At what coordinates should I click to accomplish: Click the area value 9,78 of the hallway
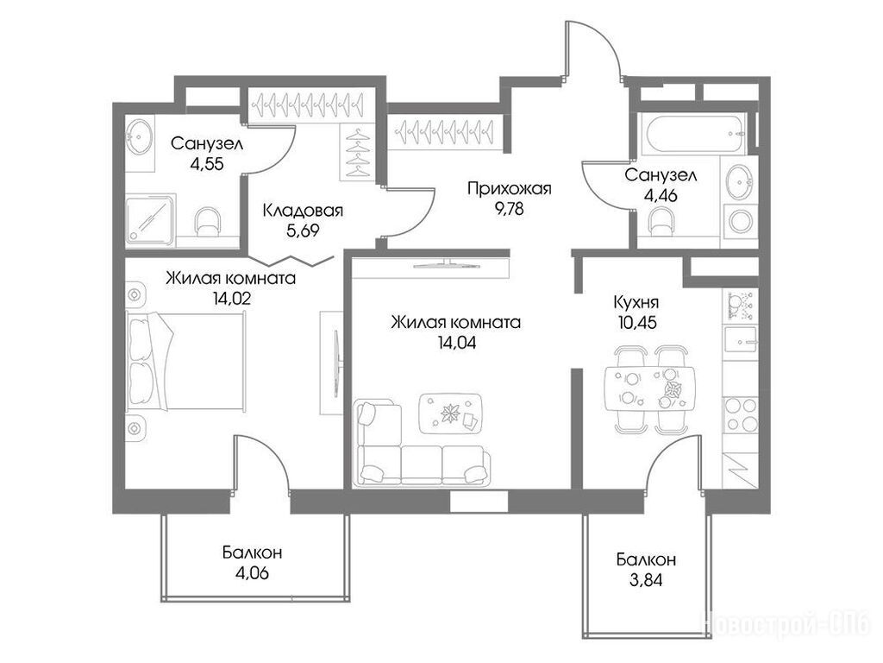point(509,209)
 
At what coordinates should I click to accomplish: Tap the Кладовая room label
point(303,211)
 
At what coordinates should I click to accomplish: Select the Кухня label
point(636,303)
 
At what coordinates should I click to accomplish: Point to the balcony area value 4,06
point(253,573)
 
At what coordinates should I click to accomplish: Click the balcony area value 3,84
point(646,579)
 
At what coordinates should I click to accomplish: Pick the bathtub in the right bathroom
point(697,134)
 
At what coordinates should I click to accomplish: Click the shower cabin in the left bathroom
point(150,220)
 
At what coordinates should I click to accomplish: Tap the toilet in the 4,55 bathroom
point(207,222)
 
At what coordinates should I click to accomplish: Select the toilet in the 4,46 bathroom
point(661,222)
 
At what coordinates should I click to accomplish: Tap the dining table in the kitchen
point(650,390)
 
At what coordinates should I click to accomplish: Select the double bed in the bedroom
point(186,361)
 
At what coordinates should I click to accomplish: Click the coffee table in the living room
point(450,414)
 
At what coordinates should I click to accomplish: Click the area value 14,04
point(457,343)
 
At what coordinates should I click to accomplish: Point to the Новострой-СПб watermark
point(785,624)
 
